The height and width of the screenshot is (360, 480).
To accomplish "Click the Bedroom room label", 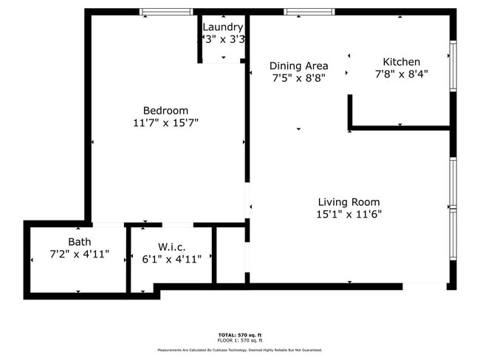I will [x=165, y=111].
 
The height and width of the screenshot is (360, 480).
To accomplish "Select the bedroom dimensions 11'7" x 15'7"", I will [x=165, y=123].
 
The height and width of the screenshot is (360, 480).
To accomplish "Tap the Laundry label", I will [x=222, y=27].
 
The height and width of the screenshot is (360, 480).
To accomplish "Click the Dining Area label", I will [x=298, y=65].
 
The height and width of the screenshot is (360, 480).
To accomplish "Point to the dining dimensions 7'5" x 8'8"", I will [x=298, y=77].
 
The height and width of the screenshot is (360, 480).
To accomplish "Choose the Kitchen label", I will [x=401, y=62].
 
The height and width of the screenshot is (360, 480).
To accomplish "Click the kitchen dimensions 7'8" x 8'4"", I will [x=401, y=74].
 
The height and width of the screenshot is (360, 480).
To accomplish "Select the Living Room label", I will [x=349, y=202].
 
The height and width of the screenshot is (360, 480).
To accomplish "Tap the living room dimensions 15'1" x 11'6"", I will [x=349, y=215].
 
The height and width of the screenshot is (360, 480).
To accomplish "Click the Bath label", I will [x=79, y=242].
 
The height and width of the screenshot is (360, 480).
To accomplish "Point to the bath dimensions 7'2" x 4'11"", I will [x=79, y=255].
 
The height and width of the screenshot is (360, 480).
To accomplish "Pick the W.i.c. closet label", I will [x=171, y=246].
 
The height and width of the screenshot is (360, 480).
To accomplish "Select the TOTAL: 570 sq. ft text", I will [x=240, y=334].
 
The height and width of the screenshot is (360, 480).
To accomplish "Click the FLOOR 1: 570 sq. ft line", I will [x=240, y=340].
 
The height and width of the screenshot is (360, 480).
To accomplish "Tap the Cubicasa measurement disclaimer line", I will [x=240, y=350].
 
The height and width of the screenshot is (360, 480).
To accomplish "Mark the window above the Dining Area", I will [x=309, y=12].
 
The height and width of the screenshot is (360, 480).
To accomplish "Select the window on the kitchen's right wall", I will [x=453, y=66].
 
